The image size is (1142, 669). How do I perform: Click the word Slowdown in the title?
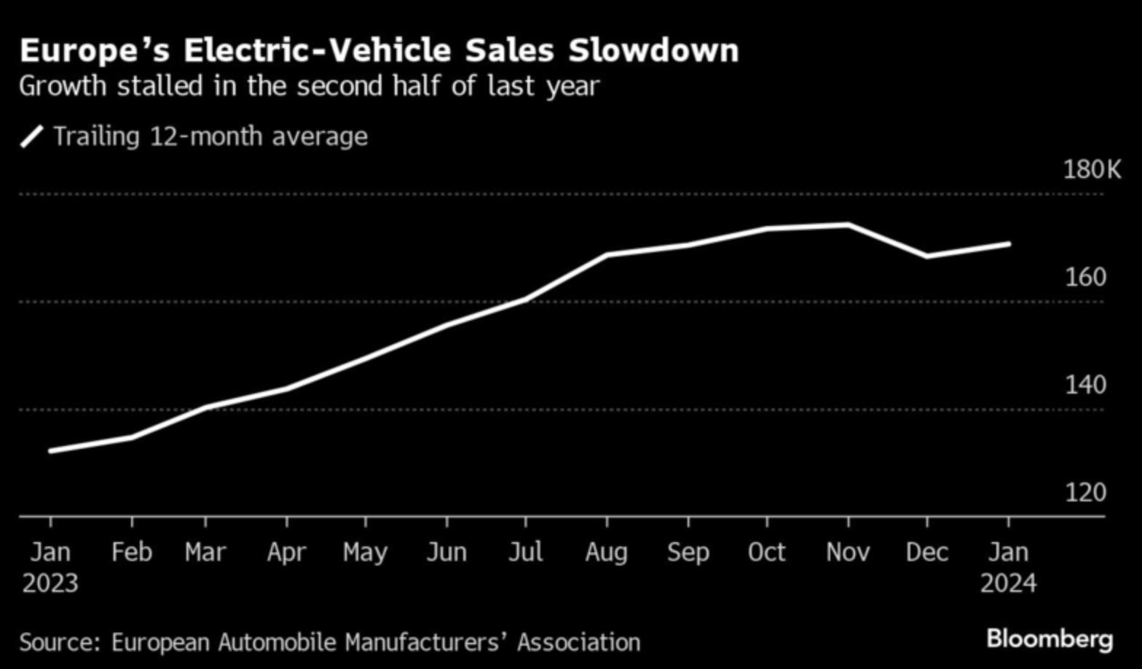(x=653, y=51)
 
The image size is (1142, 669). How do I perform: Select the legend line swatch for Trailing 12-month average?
(x=31, y=136)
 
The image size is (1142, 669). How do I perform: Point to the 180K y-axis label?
(x=1092, y=170)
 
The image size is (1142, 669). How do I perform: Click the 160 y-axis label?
(x=1085, y=277)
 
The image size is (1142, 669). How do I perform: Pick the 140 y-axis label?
(x=1085, y=385)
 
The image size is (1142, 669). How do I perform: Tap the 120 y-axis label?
(x=1085, y=493)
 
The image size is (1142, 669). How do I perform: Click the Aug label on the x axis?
(x=607, y=552)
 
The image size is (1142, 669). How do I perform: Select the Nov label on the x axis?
(x=848, y=552)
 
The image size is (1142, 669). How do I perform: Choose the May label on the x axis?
(x=365, y=552)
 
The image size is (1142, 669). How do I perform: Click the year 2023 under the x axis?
(x=50, y=584)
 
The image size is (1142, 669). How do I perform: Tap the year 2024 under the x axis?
(x=1008, y=584)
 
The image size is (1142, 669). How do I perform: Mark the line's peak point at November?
(x=848, y=224)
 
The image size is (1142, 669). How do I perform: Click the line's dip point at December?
(x=927, y=256)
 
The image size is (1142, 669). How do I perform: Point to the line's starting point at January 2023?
(x=50, y=451)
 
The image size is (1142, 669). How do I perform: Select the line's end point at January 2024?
(x=1009, y=243)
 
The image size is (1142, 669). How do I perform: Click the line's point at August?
(x=607, y=255)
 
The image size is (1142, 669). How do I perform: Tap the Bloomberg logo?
(x=1050, y=639)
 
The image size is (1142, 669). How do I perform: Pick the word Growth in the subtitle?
(x=63, y=86)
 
